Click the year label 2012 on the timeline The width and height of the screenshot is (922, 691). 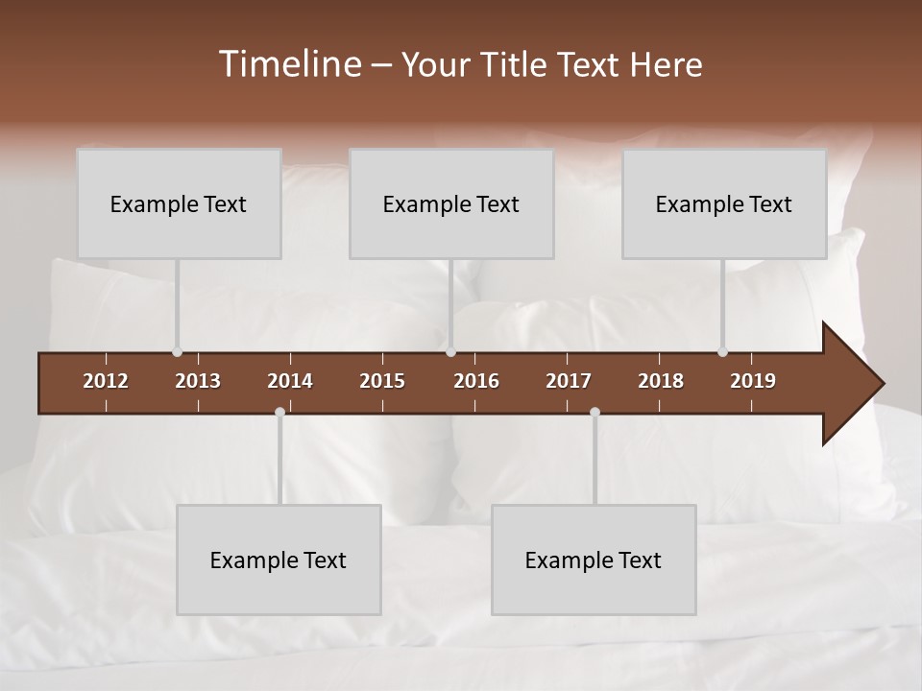(106, 381)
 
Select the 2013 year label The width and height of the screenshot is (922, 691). (198, 381)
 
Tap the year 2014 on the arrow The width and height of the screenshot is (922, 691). (290, 381)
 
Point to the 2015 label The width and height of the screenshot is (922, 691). (382, 381)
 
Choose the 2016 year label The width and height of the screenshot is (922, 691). (476, 381)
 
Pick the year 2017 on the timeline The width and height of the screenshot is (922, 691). (569, 381)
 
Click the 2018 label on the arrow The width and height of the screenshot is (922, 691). (661, 381)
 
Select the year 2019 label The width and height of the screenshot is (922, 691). (753, 381)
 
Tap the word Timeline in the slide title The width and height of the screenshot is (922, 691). (288, 64)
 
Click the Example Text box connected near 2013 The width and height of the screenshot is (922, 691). (179, 203)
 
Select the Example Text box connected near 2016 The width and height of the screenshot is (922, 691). (451, 203)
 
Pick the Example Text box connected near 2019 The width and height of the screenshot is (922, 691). (724, 203)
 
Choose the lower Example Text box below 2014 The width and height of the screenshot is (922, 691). (279, 560)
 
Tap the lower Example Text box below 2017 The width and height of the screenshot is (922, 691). (594, 560)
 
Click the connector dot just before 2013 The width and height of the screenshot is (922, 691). (177, 352)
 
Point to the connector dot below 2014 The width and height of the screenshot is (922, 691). (279, 412)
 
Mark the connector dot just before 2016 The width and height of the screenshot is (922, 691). (451, 352)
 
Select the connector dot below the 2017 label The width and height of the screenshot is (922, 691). (594, 412)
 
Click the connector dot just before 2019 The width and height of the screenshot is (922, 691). (723, 352)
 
